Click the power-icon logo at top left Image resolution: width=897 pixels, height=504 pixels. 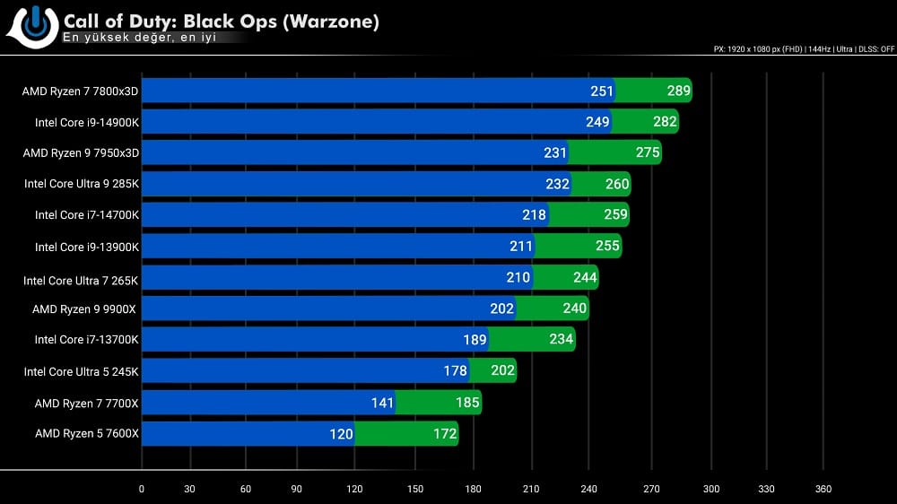click(34, 24)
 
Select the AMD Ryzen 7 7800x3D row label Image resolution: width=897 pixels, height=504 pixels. click(81, 91)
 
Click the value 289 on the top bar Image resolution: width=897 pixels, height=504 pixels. click(678, 91)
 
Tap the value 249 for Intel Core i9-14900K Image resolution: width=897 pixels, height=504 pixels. click(597, 122)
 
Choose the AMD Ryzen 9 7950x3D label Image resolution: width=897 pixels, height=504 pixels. click(81, 152)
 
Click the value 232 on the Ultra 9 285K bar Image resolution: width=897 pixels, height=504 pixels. click(557, 184)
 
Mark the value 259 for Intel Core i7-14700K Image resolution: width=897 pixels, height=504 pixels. click(615, 215)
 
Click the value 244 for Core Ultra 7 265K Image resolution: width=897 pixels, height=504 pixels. click(585, 278)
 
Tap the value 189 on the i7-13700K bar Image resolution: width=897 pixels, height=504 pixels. click(475, 340)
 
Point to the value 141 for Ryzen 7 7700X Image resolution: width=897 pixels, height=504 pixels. click(382, 403)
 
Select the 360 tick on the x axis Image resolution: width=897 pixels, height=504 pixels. click(823, 489)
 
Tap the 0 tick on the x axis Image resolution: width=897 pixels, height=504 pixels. click(142, 489)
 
